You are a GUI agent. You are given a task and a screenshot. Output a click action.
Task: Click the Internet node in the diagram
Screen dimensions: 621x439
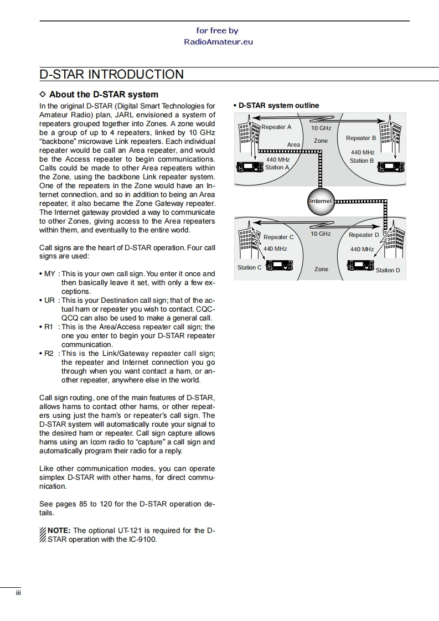[321, 201]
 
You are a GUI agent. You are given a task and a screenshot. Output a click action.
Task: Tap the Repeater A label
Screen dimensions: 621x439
[276, 127]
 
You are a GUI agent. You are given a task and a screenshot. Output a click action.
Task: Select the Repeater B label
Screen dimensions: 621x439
[361, 138]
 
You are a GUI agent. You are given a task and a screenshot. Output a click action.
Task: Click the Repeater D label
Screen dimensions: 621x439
[364, 235]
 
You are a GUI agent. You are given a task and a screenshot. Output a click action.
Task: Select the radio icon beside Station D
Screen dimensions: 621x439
[360, 266]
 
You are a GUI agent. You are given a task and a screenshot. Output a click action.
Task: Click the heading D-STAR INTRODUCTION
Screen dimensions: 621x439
[112, 75]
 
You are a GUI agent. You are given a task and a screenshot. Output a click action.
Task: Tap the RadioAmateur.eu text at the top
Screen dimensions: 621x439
[218, 42]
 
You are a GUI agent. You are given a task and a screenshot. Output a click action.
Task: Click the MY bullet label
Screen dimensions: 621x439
[50, 274]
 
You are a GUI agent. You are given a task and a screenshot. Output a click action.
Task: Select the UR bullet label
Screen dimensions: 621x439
[50, 301]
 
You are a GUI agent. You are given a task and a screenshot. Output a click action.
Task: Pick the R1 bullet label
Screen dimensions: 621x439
[49, 327]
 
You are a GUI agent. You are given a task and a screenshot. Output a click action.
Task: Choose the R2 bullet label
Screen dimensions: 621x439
[49, 354]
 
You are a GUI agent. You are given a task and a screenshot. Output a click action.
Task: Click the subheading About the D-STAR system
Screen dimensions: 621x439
[104, 95]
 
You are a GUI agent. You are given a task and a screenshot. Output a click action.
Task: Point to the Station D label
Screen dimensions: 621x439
[388, 270]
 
